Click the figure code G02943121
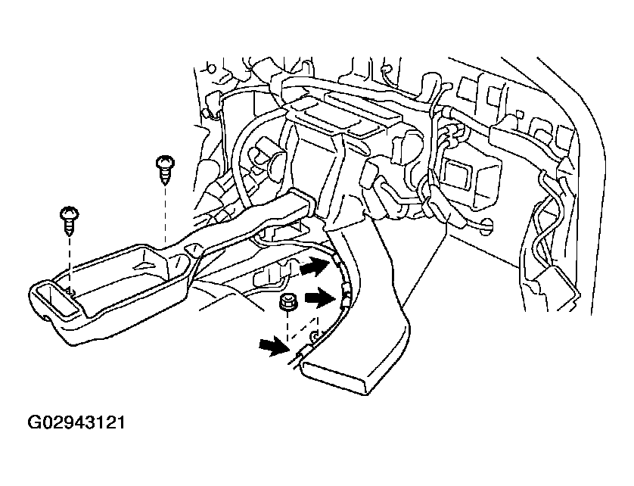76,422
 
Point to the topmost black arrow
315,266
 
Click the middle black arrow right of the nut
320,298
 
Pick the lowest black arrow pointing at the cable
274,347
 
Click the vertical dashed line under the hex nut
287,326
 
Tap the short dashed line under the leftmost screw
70,261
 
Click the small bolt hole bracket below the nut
314,335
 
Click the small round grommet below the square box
488,226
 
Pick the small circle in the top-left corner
210,68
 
